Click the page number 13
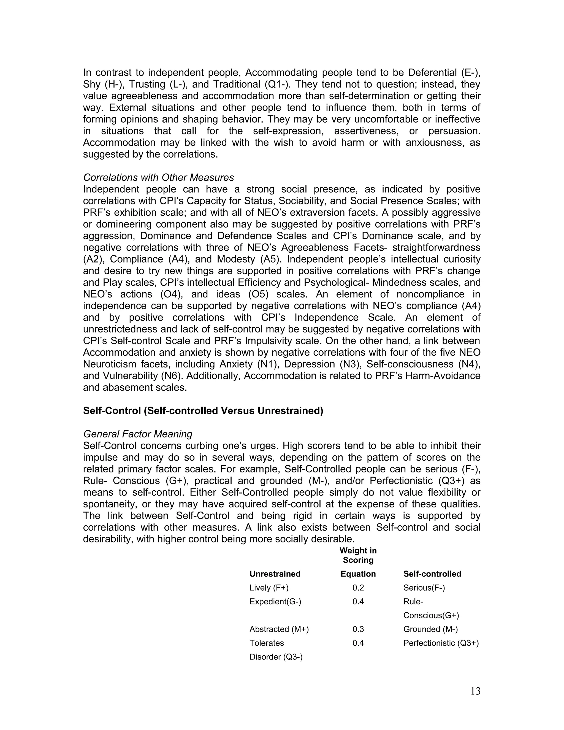475,691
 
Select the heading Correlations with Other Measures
158,177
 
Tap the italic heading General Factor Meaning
138,434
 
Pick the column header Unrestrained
275,574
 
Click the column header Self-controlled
432,574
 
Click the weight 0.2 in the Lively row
358,588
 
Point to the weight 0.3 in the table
358,629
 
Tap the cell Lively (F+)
269,588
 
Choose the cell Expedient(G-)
275,602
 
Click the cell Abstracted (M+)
279,629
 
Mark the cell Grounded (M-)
430,629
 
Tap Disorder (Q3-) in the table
276,657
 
